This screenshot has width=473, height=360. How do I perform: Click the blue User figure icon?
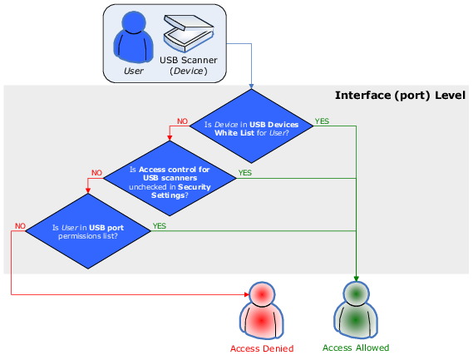(x=133, y=37)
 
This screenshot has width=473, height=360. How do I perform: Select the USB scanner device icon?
(x=189, y=33)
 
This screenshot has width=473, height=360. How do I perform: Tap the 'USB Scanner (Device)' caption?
(x=189, y=66)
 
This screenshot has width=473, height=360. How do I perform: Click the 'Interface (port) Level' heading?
(x=401, y=96)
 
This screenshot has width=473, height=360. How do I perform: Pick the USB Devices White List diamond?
(x=251, y=126)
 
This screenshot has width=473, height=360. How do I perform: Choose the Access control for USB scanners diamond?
(x=170, y=179)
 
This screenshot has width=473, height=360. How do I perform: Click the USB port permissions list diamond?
(x=88, y=231)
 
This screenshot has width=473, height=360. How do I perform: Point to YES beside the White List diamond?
(x=322, y=121)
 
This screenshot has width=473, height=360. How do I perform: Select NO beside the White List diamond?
(x=182, y=121)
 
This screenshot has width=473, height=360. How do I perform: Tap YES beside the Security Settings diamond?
(x=245, y=173)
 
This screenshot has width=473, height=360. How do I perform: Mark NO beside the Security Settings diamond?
(x=96, y=173)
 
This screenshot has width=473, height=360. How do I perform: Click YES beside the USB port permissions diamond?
(x=160, y=226)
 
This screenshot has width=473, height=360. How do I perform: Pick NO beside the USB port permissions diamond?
(x=20, y=226)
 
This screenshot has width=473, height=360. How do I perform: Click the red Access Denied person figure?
(x=262, y=310)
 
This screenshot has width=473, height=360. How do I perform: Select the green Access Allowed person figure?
(x=356, y=310)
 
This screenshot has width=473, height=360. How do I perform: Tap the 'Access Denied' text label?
(x=262, y=348)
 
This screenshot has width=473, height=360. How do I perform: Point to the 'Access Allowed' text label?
(x=356, y=348)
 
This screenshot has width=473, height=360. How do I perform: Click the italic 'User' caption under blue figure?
(x=133, y=71)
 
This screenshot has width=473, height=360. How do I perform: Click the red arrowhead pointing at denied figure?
(x=247, y=294)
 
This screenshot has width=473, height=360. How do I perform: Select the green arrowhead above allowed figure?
(x=357, y=279)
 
